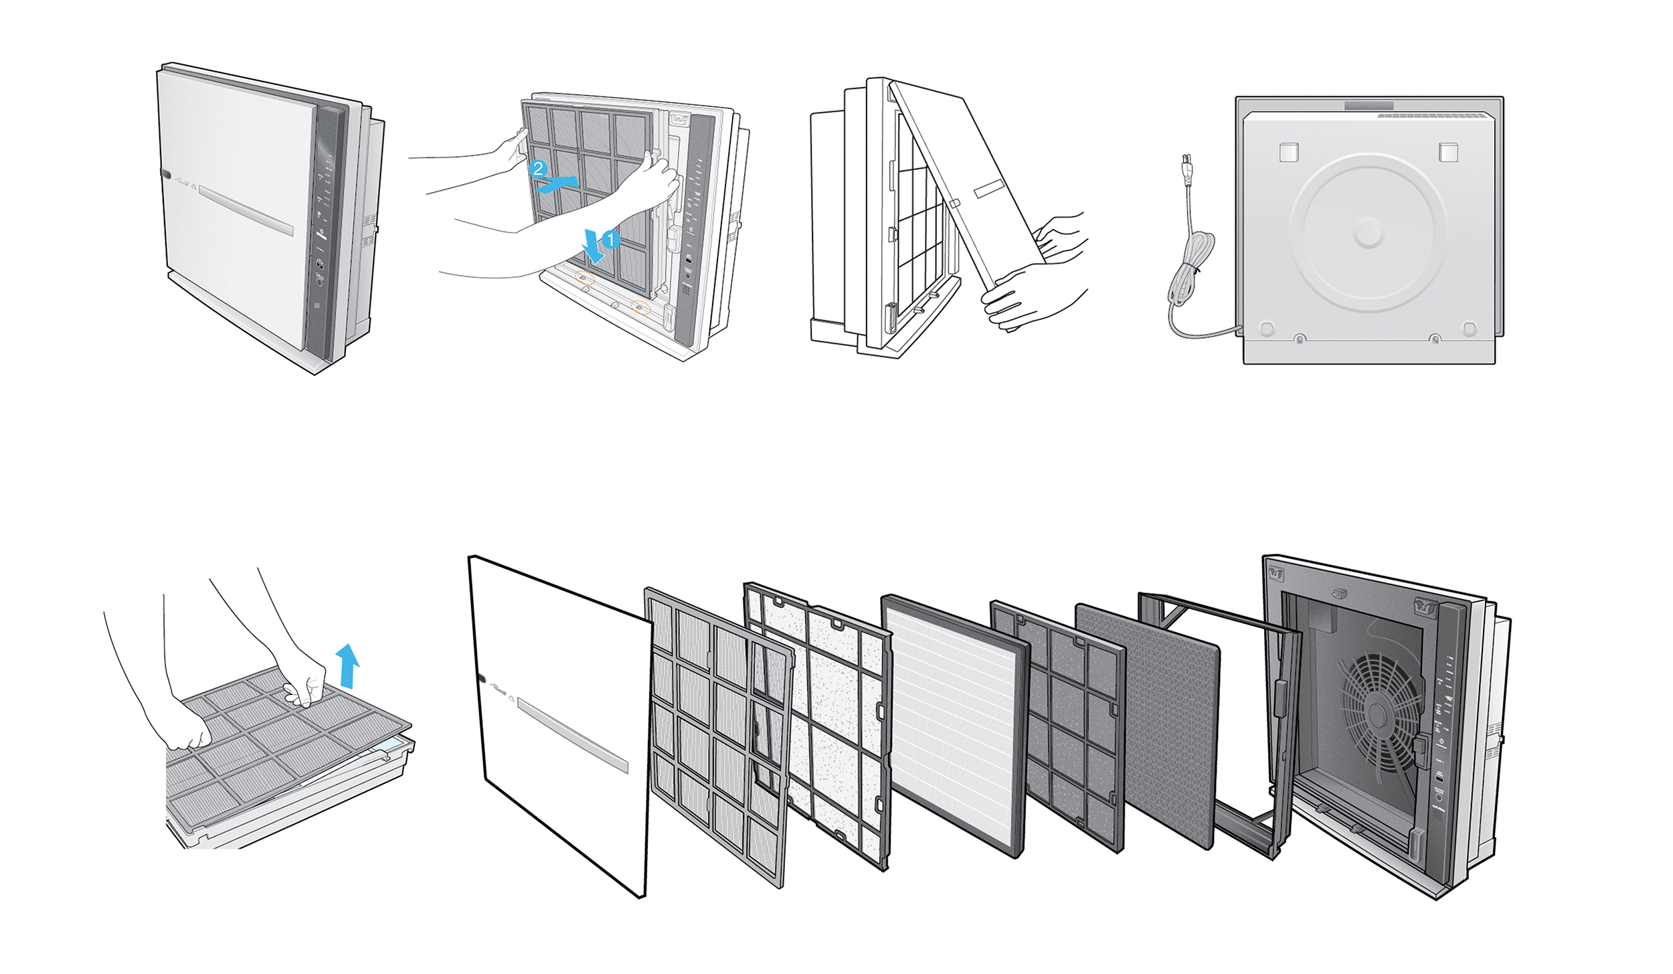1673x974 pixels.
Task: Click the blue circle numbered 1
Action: tap(610, 239)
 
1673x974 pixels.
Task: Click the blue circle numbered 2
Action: tap(538, 168)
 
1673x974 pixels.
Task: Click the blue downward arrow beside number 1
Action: tap(592, 246)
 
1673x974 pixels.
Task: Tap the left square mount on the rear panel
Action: tap(1289, 152)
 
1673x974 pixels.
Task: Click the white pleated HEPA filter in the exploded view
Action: tap(954, 726)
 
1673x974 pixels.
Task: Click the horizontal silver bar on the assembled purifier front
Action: tap(246, 210)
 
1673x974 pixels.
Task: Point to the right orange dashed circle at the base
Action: tap(641, 307)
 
